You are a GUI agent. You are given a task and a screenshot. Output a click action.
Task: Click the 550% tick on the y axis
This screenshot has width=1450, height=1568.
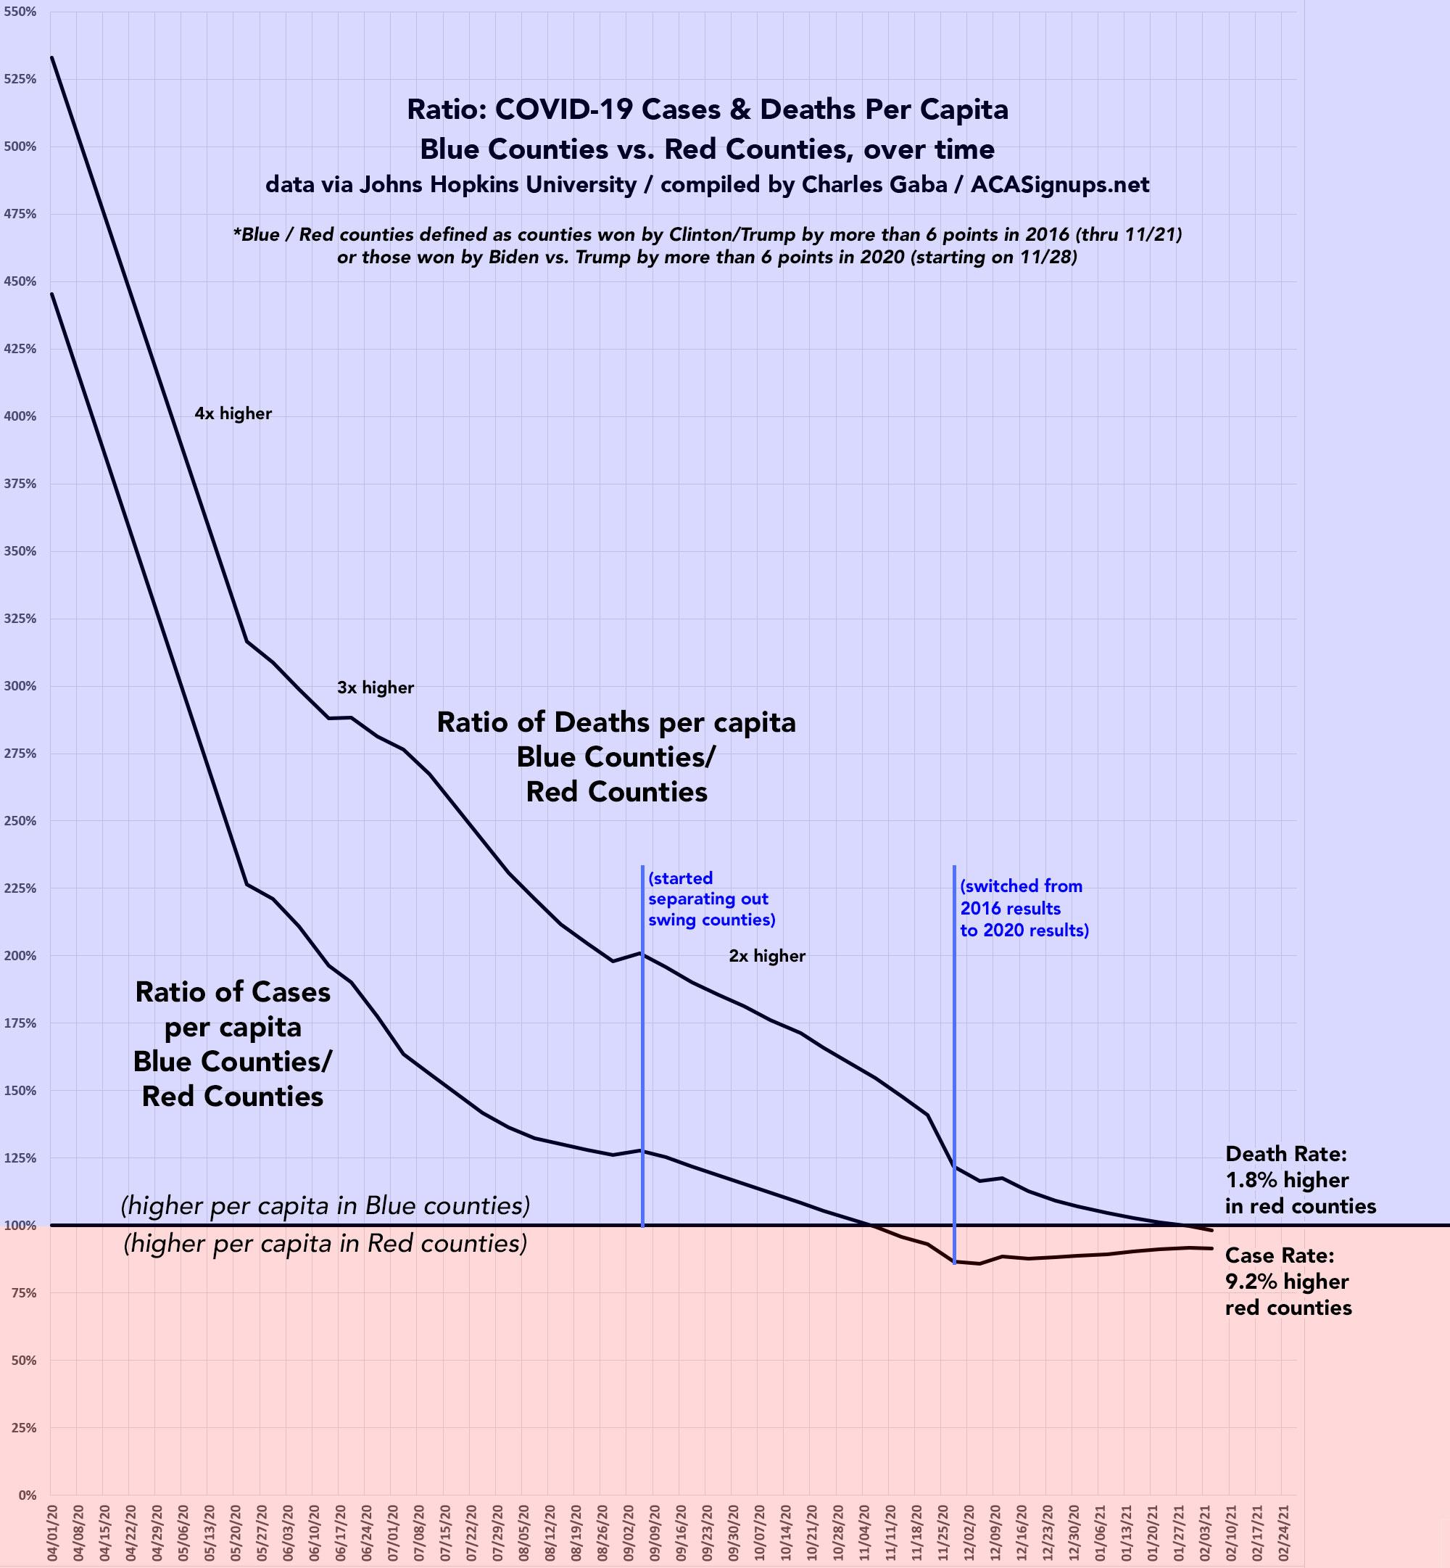[21, 12]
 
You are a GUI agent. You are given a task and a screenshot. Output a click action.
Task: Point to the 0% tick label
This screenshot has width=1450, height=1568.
[28, 1495]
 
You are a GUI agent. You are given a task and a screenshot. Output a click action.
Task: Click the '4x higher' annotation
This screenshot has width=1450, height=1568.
[233, 413]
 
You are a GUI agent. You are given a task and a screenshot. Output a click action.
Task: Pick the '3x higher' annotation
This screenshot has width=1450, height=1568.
[375, 688]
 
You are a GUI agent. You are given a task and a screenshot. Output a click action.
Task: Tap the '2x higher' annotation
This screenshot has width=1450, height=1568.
[766, 956]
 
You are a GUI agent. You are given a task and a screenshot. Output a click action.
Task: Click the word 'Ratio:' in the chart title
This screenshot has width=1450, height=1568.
[446, 109]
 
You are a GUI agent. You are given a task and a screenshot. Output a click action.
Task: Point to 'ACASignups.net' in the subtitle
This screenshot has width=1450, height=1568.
[1059, 184]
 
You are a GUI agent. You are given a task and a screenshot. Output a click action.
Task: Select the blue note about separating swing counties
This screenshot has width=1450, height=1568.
[711, 899]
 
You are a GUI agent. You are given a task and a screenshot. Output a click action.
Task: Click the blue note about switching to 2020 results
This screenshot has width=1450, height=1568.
[1024, 908]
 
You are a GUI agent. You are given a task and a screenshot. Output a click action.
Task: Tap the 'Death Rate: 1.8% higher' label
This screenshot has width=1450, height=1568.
[1299, 1179]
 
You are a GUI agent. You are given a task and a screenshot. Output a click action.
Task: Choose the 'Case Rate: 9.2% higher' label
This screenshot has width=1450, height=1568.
[1288, 1282]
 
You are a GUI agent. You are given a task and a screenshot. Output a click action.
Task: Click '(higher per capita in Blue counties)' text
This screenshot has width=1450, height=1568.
[325, 1205]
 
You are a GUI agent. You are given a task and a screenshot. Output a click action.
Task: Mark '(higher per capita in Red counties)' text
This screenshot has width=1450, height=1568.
[325, 1244]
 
